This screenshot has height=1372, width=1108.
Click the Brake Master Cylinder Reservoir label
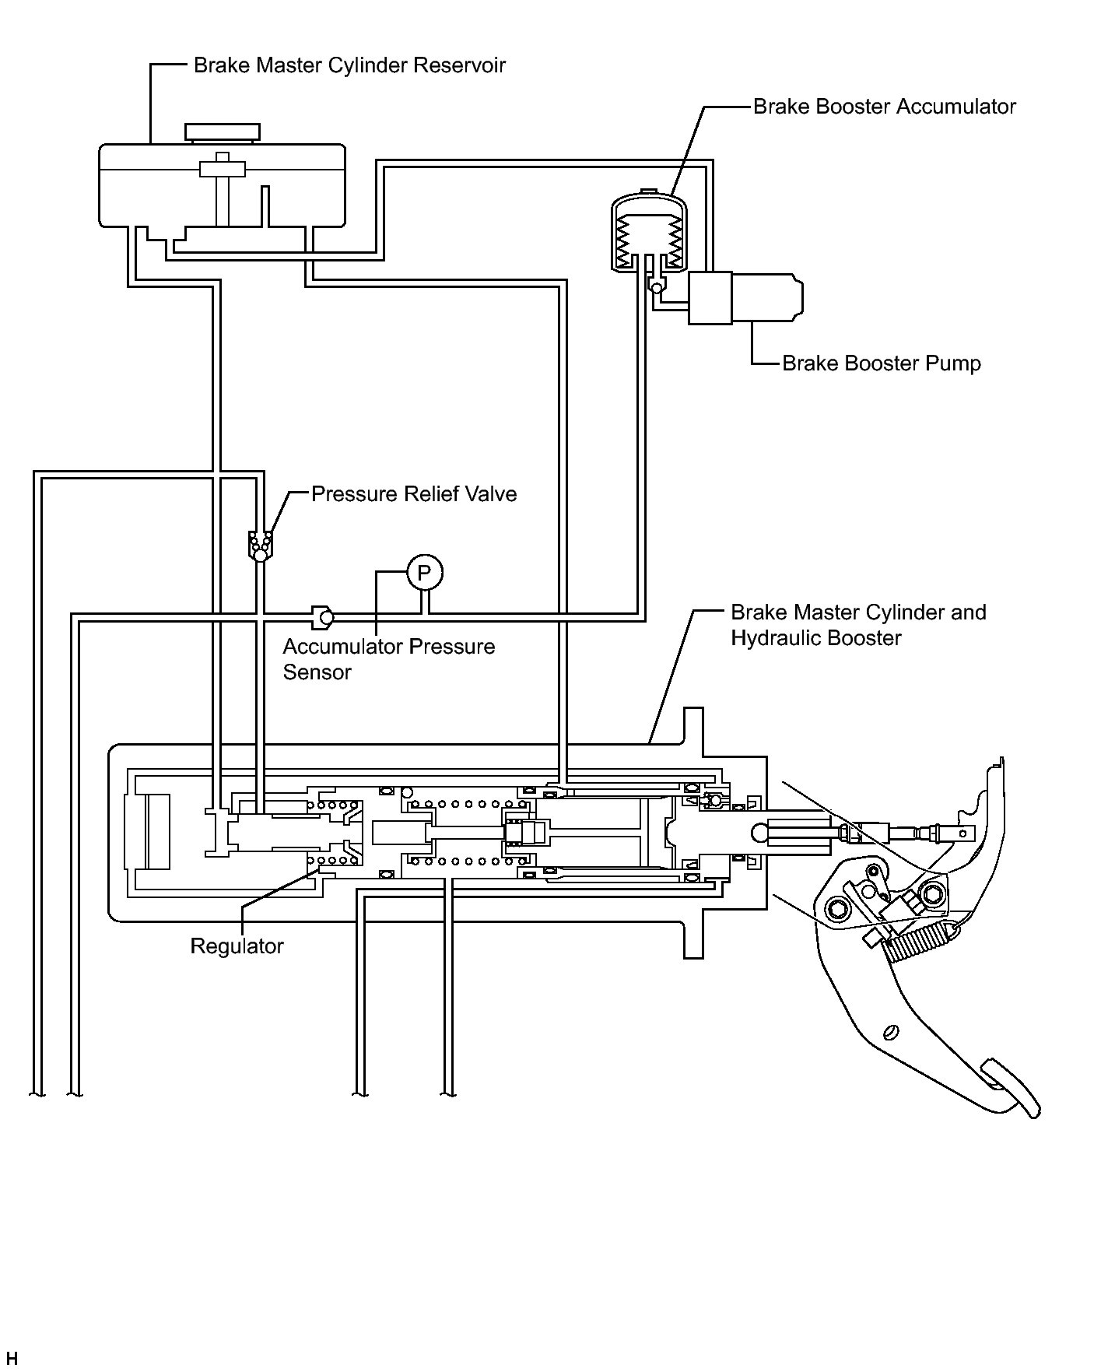pyautogui.click(x=349, y=65)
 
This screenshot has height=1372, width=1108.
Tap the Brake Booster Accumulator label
pyautogui.click(x=885, y=106)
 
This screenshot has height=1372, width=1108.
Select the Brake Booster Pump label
pyautogui.click(x=882, y=363)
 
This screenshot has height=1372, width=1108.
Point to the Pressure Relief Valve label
pyautogui.click(x=414, y=494)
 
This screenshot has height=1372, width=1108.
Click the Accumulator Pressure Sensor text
pyautogui.click(x=389, y=659)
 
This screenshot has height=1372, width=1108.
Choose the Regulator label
pyautogui.click(x=237, y=946)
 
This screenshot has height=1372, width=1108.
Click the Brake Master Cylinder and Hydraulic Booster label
pyautogui.click(x=858, y=625)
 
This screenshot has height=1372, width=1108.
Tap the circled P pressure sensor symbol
pyautogui.click(x=424, y=574)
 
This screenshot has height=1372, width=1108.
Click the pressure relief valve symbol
pyautogui.click(x=260, y=546)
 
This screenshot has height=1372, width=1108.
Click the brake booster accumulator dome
pyautogui.click(x=647, y=231)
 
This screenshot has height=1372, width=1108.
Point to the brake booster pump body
pyautogui.click(x=745, y=298)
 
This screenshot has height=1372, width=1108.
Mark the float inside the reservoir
pyautogui.click(x=223, y=168)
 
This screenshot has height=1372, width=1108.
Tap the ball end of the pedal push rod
pyautogui.click(x=760, y=833)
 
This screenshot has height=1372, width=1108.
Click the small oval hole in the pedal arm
pyautogui.click(x=891, y=1032)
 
